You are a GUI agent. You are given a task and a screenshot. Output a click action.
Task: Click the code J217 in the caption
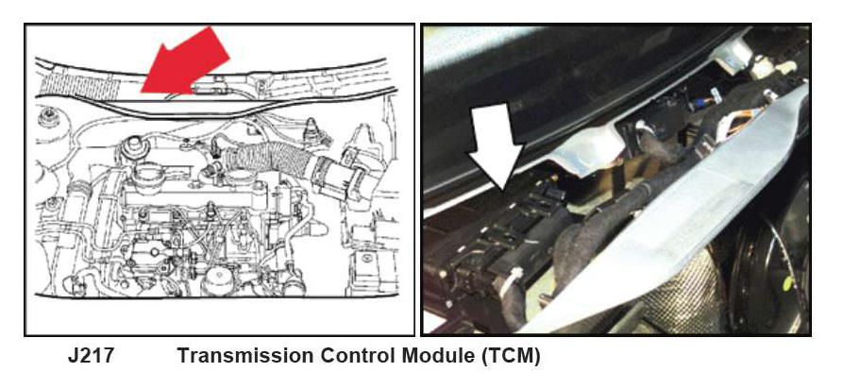click(x=91, y=356)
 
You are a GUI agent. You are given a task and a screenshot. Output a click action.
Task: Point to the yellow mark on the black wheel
click(x=787, y=283)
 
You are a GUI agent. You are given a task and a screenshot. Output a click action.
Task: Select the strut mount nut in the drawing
click(x=48, y=117)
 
